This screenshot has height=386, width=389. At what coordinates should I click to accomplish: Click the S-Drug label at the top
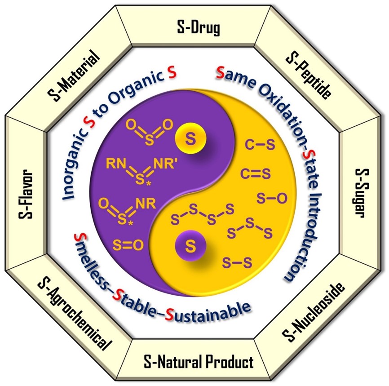tap(199, 28)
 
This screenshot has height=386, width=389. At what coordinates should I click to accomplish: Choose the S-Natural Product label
tap(199, 361)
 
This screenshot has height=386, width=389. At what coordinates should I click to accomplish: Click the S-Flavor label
tap(26, 194)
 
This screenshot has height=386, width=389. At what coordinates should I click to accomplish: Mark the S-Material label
tap(74, 75)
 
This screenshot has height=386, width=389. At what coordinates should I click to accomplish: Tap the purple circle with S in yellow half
tap(190, 246)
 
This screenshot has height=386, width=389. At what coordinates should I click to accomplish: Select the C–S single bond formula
tap(260, 145)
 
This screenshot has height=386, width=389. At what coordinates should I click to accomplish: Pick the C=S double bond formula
tap(255, 173)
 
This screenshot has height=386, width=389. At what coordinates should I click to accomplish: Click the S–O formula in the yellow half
tap(272, 198)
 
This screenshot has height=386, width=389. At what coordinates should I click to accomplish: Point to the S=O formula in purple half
tap(128, 245)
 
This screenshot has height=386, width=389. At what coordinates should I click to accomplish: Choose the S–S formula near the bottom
tap(237, 262)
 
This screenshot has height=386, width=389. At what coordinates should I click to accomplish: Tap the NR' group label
tap(164, 164)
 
